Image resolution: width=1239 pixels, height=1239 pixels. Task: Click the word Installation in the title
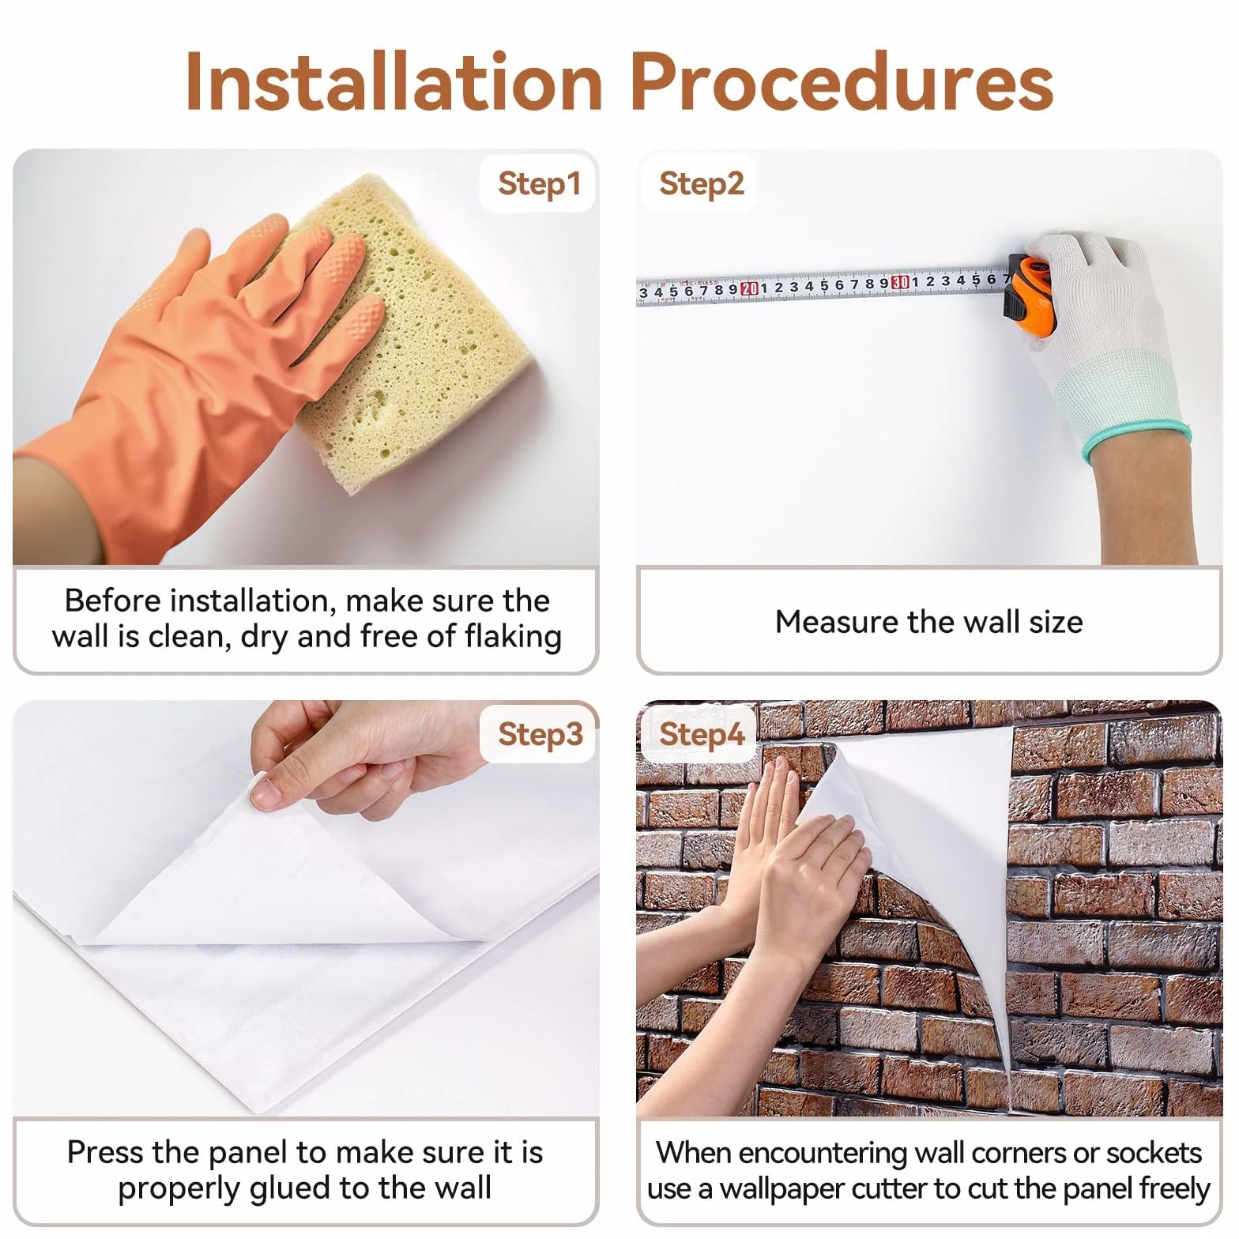click(x=394, y=81)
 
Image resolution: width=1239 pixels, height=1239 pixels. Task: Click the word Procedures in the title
click(x=842, y=81)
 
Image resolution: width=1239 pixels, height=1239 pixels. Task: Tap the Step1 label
click(x=539, y=183)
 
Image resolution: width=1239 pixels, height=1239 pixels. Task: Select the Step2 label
click(x=702, y=183)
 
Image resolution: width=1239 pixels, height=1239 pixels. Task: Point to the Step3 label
click(x=540, y=734)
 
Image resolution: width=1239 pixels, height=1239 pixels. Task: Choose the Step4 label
click(x=702, y=734)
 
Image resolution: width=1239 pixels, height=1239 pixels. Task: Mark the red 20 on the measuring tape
click(x=750, y=288)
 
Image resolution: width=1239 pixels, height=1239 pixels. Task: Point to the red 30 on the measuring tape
click(x=899, y=282)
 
